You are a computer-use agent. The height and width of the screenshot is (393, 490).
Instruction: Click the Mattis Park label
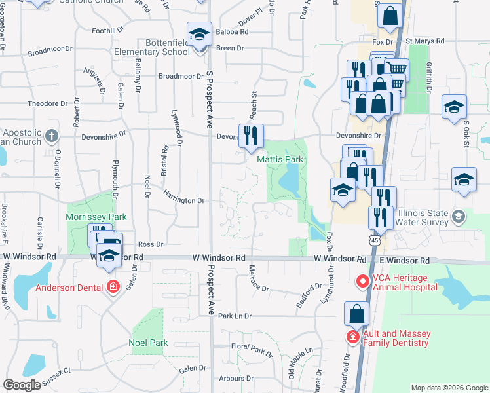coord(280,159)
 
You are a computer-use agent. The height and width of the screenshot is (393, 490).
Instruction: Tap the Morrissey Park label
coord(96,217)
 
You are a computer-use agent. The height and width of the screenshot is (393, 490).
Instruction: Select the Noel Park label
coord(148,343)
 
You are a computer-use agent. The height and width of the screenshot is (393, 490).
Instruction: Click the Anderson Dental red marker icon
coord(113,287)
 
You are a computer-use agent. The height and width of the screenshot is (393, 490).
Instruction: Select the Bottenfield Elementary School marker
coord(198,33)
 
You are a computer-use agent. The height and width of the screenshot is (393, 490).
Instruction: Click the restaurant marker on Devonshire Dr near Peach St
coord(252,135)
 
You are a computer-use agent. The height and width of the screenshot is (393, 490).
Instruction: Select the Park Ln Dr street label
coord(235,316)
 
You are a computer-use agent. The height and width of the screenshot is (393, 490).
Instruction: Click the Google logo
coord(22,385)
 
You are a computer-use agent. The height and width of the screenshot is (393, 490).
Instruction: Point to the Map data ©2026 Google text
coord(449,388)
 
